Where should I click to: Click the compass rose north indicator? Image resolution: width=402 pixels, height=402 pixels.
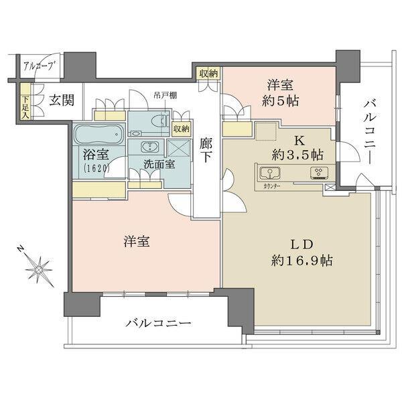pyautogui.click(x=40, y=267)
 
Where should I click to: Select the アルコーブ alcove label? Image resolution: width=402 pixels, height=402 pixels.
pyautogui.click(x=38, y=66)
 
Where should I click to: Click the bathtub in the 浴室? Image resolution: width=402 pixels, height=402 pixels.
pyautogui.click(x=98, y=134)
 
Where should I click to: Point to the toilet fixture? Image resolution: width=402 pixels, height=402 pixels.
pyautogui.click(x=155, y=121)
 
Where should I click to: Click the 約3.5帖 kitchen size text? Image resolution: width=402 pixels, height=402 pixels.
pyautogui.click(x=297, y=154)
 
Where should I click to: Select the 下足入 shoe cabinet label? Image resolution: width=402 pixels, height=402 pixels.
pyautogui.click(x=25, y=107)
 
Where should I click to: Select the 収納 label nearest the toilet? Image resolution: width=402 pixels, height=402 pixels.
pyautogui.click(x=180, y=128)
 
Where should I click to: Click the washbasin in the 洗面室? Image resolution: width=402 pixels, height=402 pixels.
pyautogui.click(x=149, y=146)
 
